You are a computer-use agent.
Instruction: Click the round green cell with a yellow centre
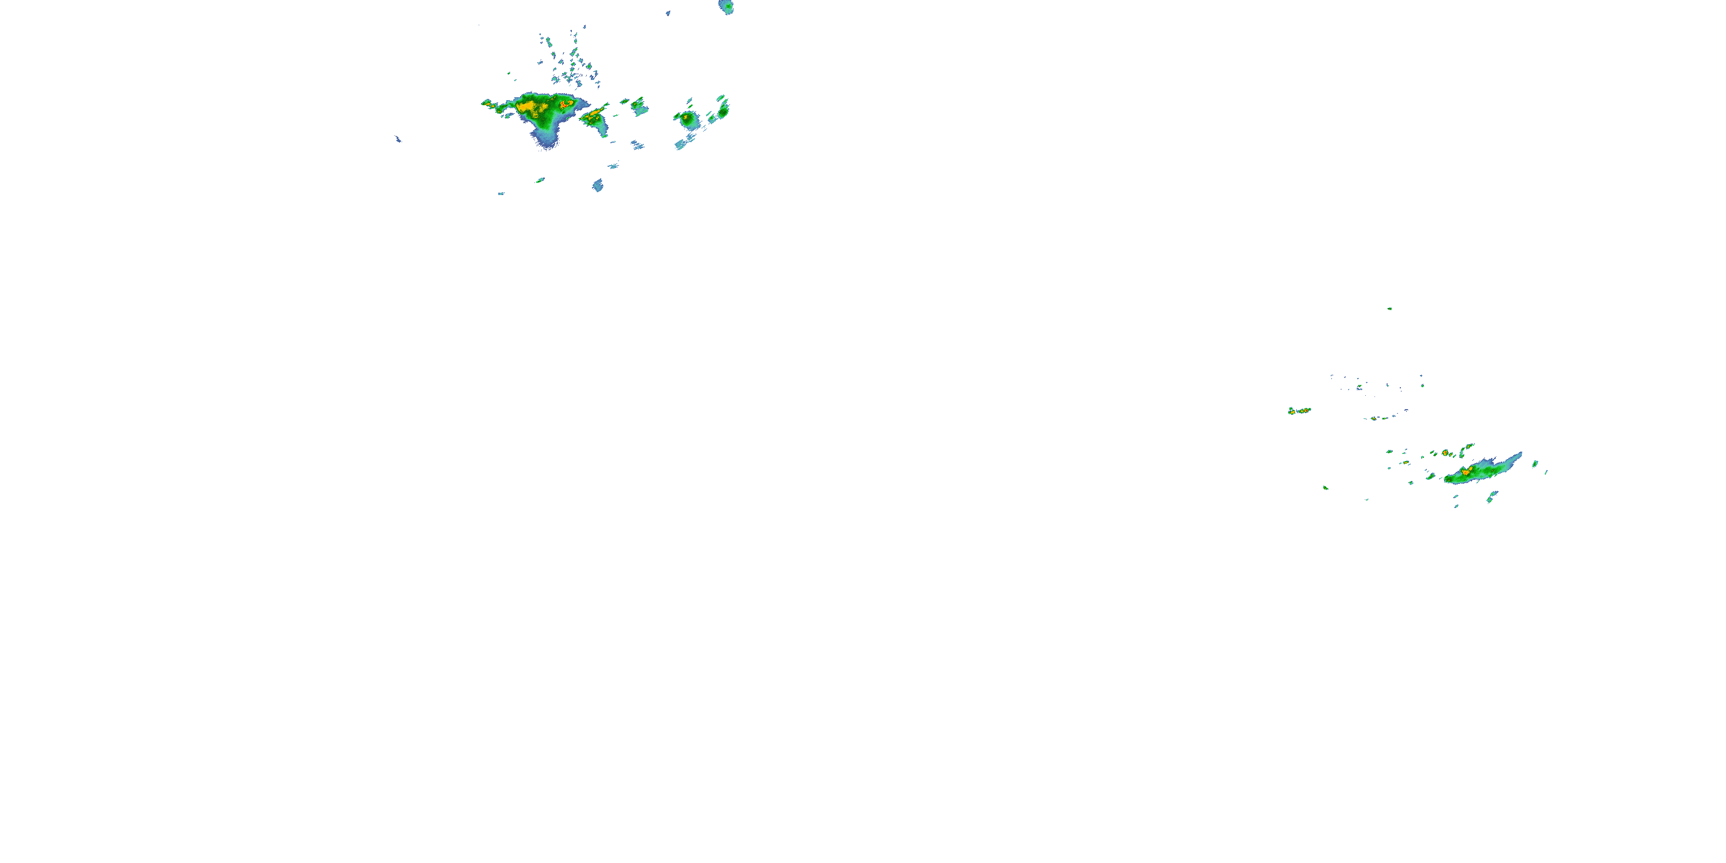687,119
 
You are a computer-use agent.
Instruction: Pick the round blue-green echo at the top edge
726,7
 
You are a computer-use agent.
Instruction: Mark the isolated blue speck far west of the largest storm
398,139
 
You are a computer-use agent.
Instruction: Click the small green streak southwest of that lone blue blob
540,180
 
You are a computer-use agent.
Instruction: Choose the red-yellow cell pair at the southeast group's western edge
1299,411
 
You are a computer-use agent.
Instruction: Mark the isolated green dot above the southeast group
1389,309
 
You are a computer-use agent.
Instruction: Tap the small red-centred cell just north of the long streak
1445,453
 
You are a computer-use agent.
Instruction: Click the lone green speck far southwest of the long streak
1326,487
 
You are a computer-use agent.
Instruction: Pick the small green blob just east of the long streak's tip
1534,463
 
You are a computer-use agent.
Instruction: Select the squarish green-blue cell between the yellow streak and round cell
639,105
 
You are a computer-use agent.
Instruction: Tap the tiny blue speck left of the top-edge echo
668,13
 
